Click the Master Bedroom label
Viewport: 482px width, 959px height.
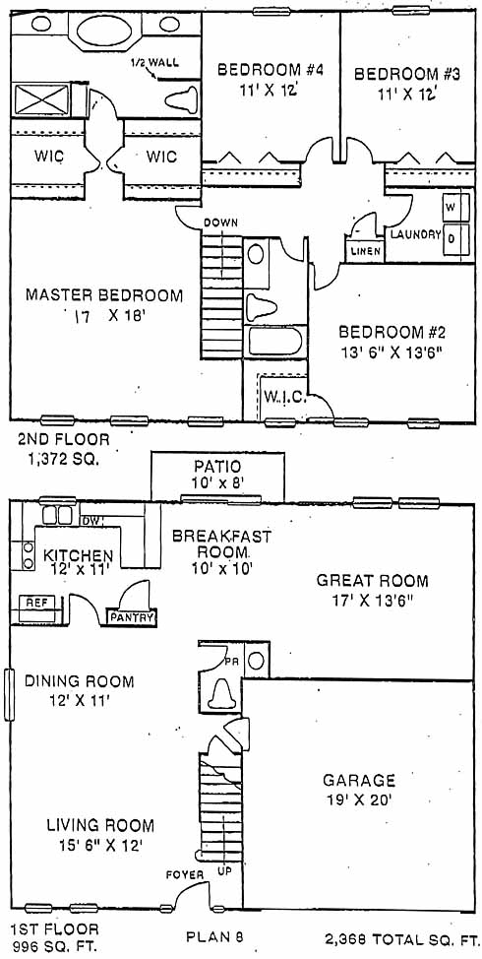[104, 295]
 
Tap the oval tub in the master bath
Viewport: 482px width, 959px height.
[105, 30]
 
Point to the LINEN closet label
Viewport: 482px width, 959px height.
[365, 251]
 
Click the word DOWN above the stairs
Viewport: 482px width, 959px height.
[220, 223]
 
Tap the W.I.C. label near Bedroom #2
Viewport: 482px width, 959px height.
[281, 397]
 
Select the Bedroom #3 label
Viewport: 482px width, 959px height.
[407, 75]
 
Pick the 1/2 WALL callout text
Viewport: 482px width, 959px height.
[154, 63]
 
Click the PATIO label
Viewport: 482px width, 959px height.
[216, 468]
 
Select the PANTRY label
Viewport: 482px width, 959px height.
[132, 617]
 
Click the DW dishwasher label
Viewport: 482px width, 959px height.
[90, 521]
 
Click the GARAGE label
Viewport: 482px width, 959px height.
[359, 780]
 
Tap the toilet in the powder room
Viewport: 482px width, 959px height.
[220, 695]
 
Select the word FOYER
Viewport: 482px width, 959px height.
[185, 875]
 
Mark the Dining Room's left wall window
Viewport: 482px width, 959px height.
[9, 694]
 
